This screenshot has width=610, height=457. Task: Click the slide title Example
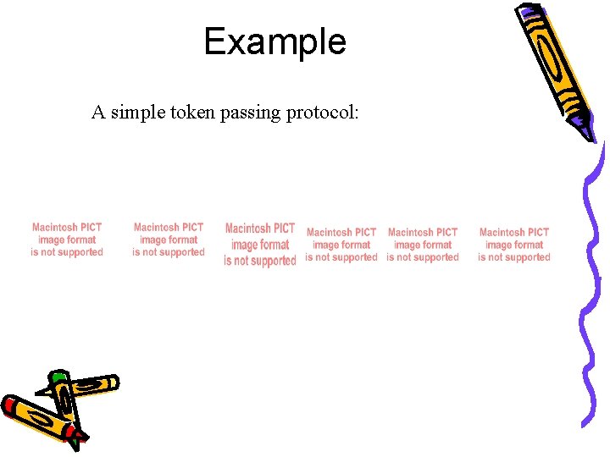(x=274, y=41)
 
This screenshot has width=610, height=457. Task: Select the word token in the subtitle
(x=194, y=113)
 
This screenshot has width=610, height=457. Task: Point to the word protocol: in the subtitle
(x=323, y=113)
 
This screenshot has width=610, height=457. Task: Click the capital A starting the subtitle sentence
(x=98, y=113)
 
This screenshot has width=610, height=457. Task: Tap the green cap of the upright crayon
(x=58, y=377)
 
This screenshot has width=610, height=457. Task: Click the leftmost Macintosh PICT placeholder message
(x=67, y=240)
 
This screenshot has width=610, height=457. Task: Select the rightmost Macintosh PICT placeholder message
(x=513, y=245)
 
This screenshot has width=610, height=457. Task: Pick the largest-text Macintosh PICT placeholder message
(x=260, y=245)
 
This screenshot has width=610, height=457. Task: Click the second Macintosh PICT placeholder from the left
(x=169, y=240)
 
